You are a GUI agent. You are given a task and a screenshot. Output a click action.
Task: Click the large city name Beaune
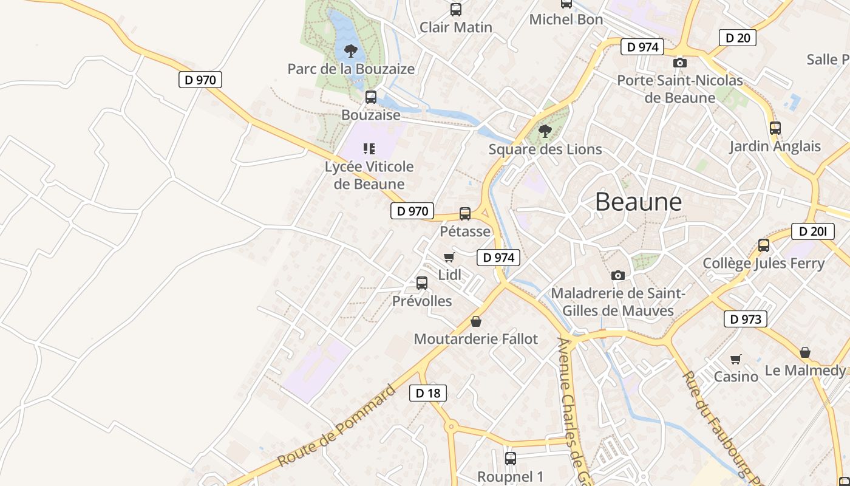point(638,201)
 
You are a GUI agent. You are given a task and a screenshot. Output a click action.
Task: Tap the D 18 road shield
point(428,393)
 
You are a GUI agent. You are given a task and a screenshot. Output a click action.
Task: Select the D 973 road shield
point(745,319)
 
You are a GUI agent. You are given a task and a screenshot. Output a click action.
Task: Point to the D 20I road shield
point(812,231)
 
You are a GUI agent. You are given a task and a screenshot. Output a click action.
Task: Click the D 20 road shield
point(738,38)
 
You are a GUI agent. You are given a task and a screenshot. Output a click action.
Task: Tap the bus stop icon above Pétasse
point(465,214)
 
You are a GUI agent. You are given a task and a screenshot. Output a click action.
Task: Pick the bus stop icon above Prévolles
point(422,283)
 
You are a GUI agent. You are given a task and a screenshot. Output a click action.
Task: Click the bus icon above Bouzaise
point(370,97)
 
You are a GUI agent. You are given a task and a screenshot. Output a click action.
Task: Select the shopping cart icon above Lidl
point(449,258)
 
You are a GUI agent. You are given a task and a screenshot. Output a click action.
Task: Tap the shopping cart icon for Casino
point(736,359)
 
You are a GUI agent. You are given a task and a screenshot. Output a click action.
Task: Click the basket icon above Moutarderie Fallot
point(476,321)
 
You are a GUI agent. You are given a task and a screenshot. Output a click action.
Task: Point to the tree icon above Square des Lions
point(545,131)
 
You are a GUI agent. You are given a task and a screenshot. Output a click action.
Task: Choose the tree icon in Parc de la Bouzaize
point(350,50)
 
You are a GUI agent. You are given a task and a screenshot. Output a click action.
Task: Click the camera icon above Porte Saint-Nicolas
point(680,63)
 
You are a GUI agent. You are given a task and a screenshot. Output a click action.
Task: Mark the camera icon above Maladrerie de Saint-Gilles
point(618,276)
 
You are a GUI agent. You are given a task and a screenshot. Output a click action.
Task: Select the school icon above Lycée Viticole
point(369,148)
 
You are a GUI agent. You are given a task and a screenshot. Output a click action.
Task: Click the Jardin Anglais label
point(775,146)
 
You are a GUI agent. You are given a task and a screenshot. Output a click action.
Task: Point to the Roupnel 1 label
point(510,477)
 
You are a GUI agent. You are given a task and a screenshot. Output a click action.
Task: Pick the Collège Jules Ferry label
point(763,263)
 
